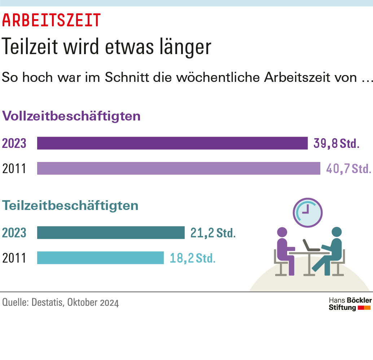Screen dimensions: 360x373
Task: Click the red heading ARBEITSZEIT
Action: click(51, 20)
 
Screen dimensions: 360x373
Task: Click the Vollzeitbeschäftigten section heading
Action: click(71, 117)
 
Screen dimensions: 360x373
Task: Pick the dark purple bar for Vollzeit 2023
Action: click(172, 143)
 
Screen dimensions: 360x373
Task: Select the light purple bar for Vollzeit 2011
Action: click(179, 168)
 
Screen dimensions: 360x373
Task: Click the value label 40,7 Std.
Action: click(348, 168)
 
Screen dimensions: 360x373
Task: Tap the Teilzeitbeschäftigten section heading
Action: click(70, 206)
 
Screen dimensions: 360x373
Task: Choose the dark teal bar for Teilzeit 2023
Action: click(111, 233)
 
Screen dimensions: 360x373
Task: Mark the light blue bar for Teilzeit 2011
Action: click(100, 258)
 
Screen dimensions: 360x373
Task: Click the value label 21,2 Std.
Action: click(213, 233)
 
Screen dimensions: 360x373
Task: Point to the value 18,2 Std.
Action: click(192, 258)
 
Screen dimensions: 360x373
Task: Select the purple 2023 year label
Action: click(14, 144)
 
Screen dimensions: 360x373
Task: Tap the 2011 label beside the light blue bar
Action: click(14, 258)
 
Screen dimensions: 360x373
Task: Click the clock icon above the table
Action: click(307, 212)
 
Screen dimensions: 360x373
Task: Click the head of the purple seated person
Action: click(282, 232)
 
